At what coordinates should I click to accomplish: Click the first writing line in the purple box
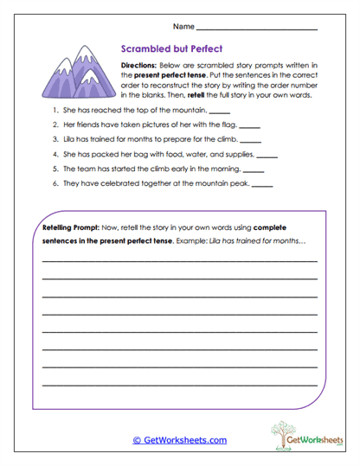[x=179, y=259]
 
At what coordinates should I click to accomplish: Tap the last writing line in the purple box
[x=179, y=384]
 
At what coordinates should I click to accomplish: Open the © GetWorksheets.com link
[x=179, y=440]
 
